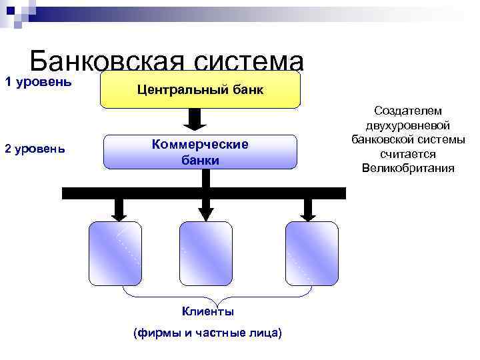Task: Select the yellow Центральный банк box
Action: tap(200, 89)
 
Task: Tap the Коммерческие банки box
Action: tap(200, 153)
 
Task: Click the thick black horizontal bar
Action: tap(203, 193)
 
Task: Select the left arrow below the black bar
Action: tap(119, 209)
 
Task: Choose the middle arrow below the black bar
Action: tap(205, 209)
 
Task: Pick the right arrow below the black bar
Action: tap(308, 209)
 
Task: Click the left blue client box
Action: tap(115, 253)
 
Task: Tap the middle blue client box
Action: tap(205, 253)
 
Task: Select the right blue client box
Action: tap(311, 253)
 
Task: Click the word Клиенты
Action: tap(208, 311)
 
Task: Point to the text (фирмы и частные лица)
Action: tap(208, 332)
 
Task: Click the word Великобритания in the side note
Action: tap(408, 167)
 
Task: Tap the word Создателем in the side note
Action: tap(408, 111)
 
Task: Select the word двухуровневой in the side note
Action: tap(408, 125)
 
